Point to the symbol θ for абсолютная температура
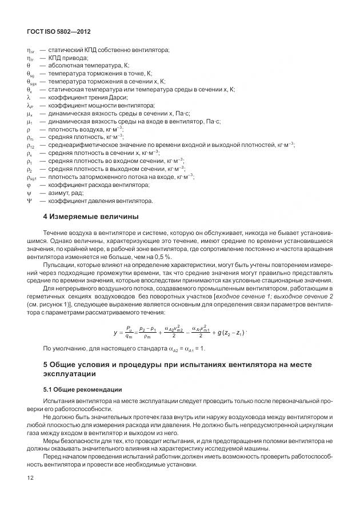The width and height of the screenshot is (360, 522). click(x=29, y=66)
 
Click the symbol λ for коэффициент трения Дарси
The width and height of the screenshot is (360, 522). click(x=29, y=98)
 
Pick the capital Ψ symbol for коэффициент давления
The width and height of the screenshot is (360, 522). click(x=29, y=201)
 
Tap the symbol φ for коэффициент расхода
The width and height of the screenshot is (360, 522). click(x=29, y=185)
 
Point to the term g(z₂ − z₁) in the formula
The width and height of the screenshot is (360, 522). click(x=231, y=333)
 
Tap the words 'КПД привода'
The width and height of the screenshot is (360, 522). click(x=68, y=58)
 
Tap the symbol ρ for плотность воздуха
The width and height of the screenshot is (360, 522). click(x=29, y=129)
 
